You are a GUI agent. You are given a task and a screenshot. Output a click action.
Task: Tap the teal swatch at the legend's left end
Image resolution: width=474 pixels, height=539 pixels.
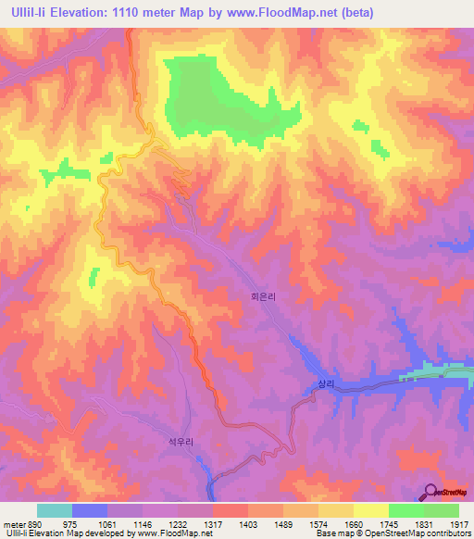click(x=54, y=510)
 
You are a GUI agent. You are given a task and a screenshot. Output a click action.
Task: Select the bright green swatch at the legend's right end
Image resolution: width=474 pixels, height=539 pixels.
click(x=442, y=510)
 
